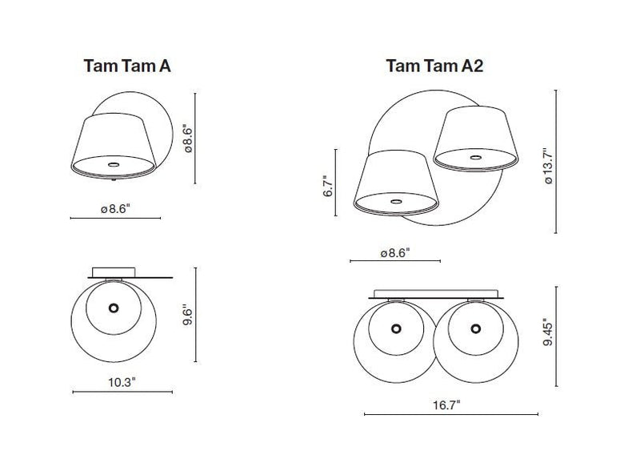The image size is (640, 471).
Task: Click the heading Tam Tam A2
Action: pos(434,65)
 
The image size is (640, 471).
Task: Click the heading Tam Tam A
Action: pos(127,66)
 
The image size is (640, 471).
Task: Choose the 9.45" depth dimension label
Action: pos(548,332)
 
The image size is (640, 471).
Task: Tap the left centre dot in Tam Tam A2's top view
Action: pos(397,328)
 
